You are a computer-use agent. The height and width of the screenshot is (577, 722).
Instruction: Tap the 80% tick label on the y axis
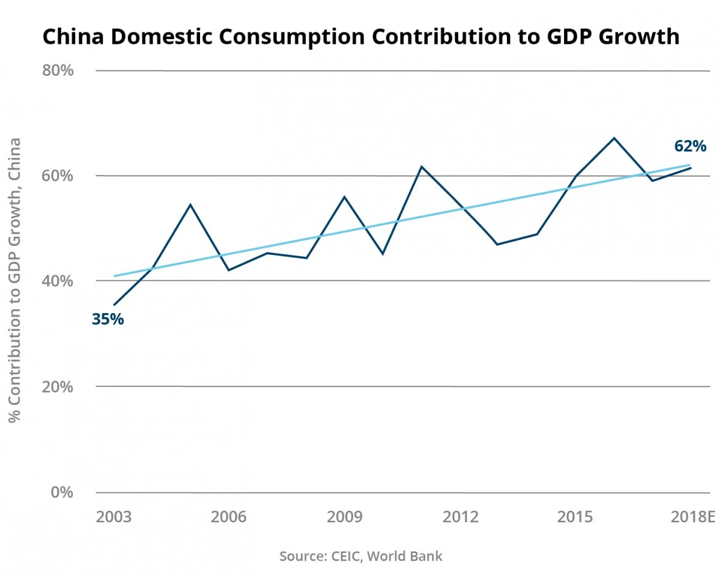click(x=58, y=70)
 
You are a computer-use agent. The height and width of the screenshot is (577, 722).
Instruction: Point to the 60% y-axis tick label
click(x=58, y=176)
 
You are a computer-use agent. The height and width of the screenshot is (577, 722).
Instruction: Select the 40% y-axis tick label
click(x=58, y=281)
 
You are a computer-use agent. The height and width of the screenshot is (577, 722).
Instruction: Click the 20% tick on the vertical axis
click(x=58, y=386)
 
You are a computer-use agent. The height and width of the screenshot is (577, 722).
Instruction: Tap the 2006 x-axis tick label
click(x=228, y=517)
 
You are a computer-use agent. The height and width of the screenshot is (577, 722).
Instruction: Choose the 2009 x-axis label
click(x=344, y=517)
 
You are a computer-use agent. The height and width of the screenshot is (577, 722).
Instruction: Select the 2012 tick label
click(x=460, y=517)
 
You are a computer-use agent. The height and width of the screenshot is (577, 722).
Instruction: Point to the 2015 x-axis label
click(x=575, y=517)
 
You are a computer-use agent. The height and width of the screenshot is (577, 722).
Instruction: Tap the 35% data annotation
click(x=108, y=319)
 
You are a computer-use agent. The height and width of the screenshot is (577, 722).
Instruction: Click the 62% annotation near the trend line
click(x=690, y=146)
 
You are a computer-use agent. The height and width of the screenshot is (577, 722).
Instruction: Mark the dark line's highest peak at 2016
click(x=614, y=138)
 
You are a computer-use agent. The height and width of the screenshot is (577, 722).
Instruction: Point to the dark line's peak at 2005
click(x=190, y=204)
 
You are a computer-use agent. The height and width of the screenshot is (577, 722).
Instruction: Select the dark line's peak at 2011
click(x=422, y=166)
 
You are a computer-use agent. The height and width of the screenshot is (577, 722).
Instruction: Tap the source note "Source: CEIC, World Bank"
click(x=360, y=556)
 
